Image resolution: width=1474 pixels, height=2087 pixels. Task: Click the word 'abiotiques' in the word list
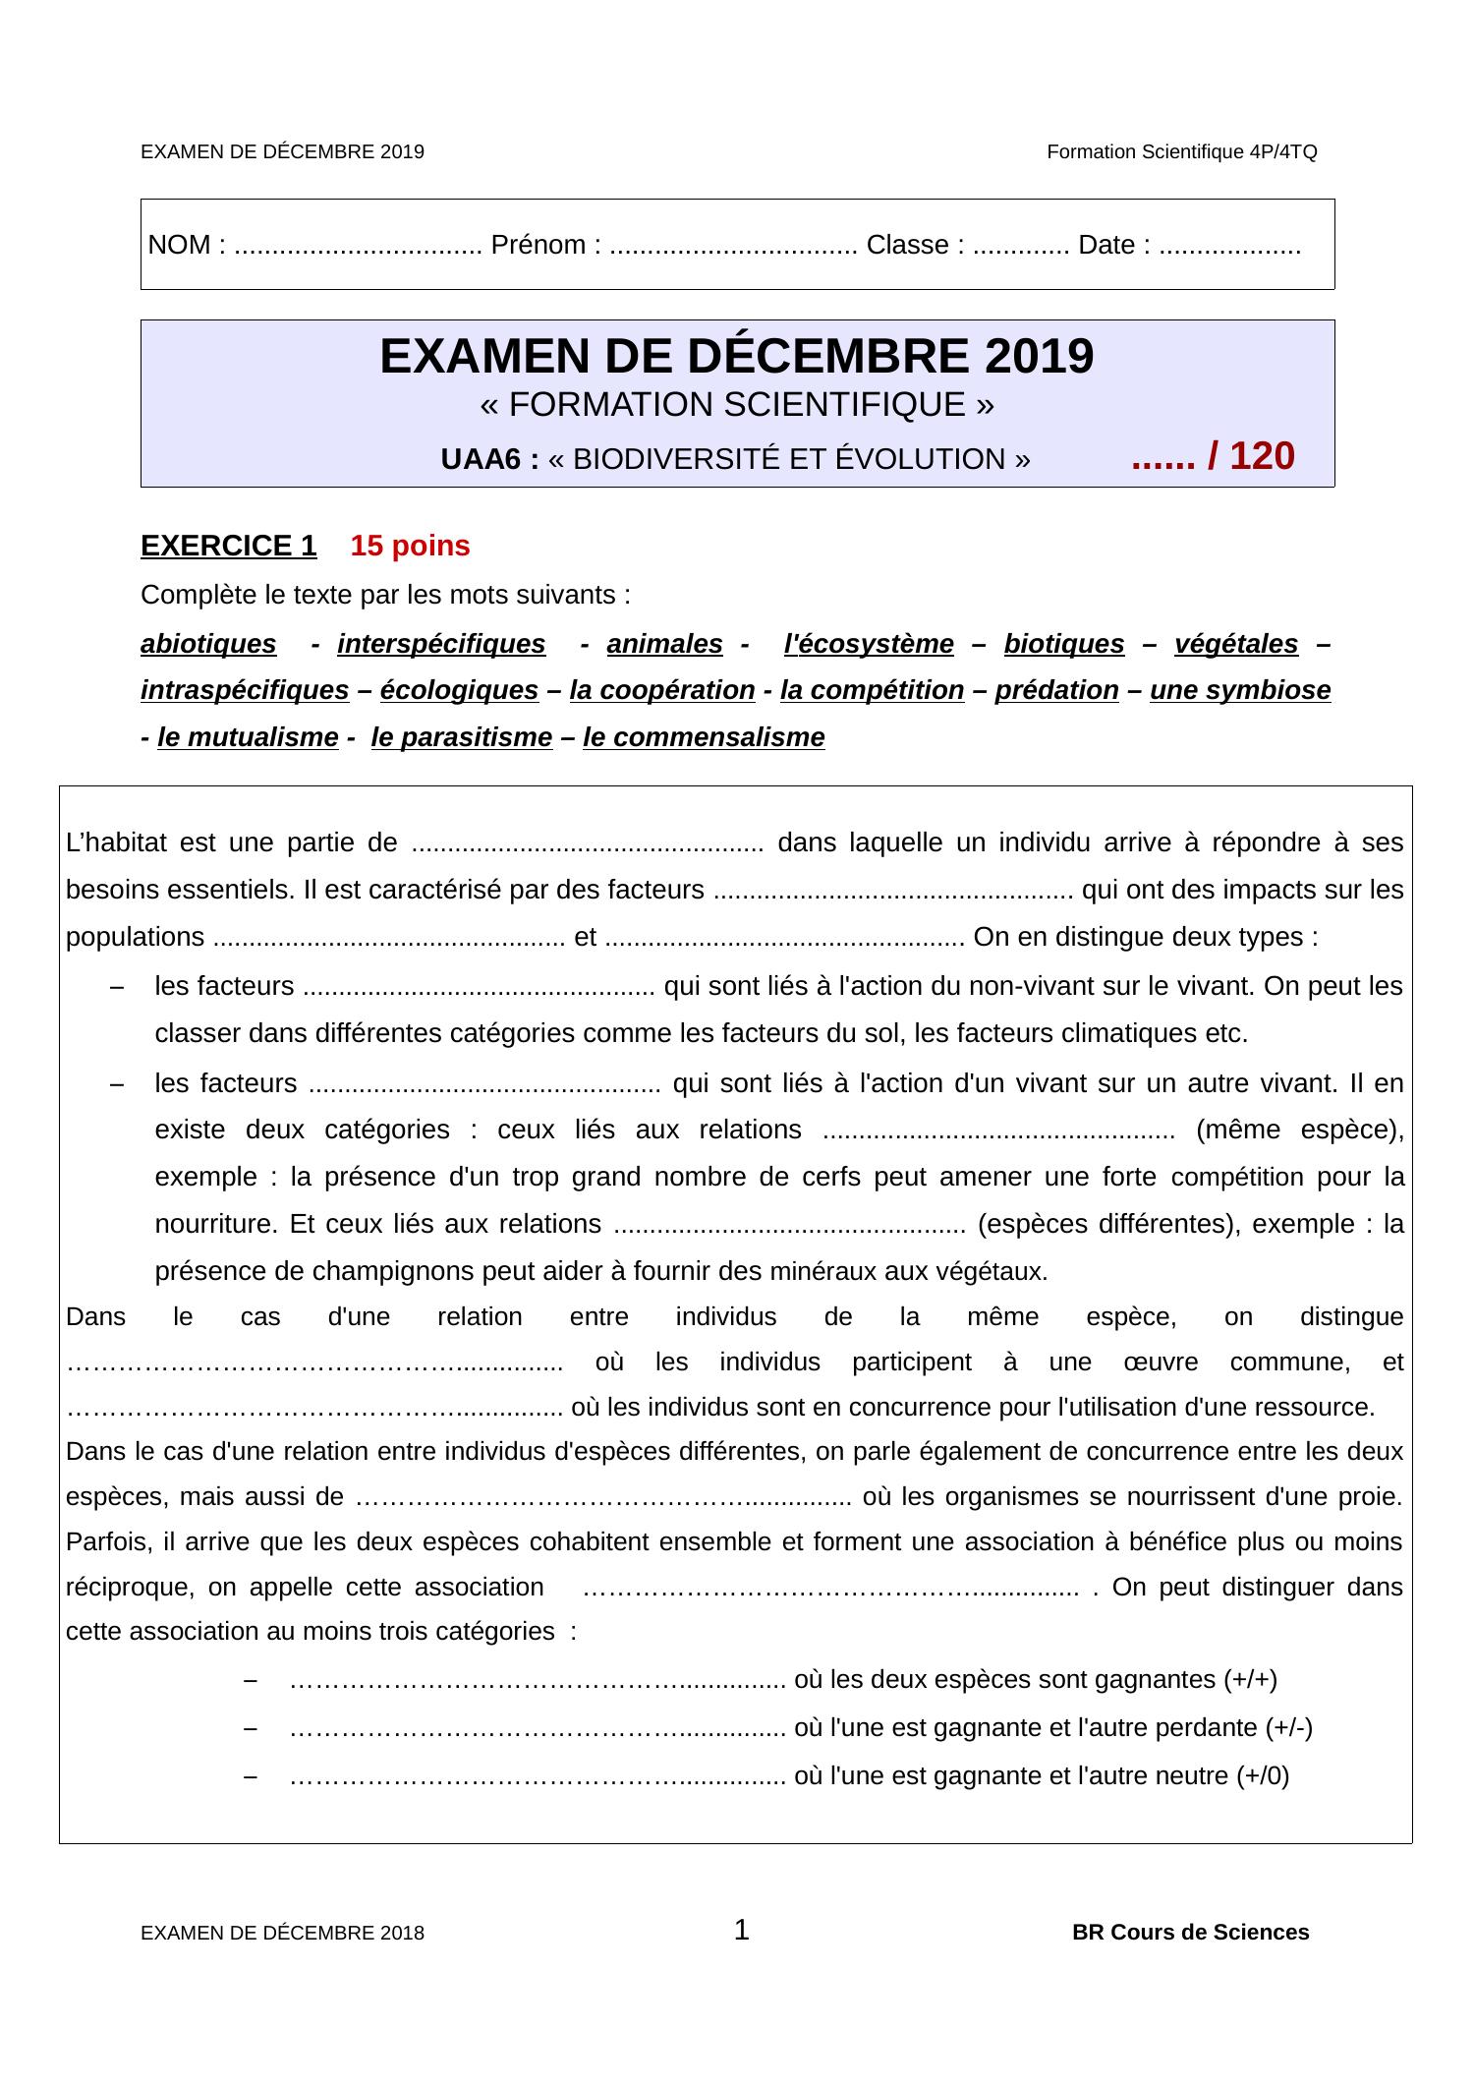coord(208,644)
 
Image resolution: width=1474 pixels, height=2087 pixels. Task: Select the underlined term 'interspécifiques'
coord(441,644)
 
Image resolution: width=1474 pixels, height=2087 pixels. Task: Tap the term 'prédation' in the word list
coord(1056,690)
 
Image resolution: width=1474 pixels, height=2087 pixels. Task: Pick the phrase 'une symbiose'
coord(1240,690)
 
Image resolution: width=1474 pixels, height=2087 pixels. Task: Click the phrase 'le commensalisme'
coord(704,737)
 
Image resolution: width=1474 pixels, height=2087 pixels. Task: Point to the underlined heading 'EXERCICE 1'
coord(229,546)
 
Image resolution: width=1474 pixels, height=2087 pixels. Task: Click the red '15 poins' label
coord(410,546)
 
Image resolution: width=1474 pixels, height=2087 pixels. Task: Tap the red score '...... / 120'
coord(1213,456)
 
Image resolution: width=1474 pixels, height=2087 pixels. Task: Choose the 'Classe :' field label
coord(914,245)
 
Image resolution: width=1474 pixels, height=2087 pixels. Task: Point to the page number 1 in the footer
coord(742,1930)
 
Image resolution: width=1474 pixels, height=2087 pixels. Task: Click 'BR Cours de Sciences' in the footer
coord(1190,1933)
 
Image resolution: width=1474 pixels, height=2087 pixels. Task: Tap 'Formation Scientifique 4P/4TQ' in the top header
coord(1181,152)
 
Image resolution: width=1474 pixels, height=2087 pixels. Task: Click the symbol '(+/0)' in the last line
coord(1263,1775)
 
